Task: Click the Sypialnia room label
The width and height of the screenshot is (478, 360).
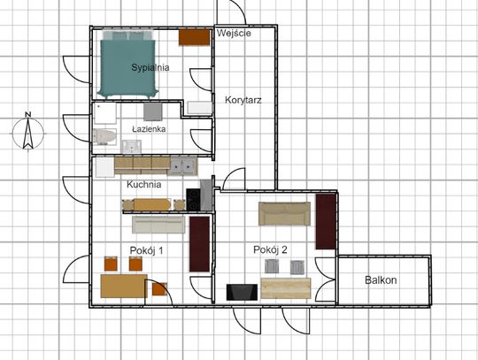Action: coord(150,67)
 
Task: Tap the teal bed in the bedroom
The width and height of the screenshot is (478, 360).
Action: coord(127,65)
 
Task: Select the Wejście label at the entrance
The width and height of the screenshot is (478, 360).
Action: coord(234,33)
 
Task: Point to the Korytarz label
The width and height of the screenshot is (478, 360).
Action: coord(243,100)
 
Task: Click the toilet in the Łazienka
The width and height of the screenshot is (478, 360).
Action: coord(104,136)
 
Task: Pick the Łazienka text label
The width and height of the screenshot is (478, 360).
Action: coord(149,129)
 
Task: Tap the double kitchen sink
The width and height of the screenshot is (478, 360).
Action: coord(183,166)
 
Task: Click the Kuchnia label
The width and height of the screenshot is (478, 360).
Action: coord(144,184)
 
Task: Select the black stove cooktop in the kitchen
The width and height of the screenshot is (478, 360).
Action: coord(193,200)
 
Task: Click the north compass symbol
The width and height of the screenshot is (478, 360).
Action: coord(28,132)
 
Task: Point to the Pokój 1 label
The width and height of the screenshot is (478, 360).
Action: coord(146,250)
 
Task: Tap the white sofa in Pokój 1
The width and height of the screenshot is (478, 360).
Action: coord(158,225)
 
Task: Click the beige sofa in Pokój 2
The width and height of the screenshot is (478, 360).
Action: coord(284,213)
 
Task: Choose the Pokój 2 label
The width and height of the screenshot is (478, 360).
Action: coord(270,250)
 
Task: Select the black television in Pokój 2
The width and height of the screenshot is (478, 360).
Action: coord(242,292)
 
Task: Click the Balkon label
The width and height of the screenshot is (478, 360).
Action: coord(381,280)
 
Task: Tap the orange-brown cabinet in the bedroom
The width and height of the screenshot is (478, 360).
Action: coord(194,37)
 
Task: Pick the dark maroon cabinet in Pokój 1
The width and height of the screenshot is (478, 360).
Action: coord(200,244)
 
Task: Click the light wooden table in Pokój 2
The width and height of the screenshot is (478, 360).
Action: coord(286,288)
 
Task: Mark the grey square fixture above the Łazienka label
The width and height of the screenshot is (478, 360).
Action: coord(153,111)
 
